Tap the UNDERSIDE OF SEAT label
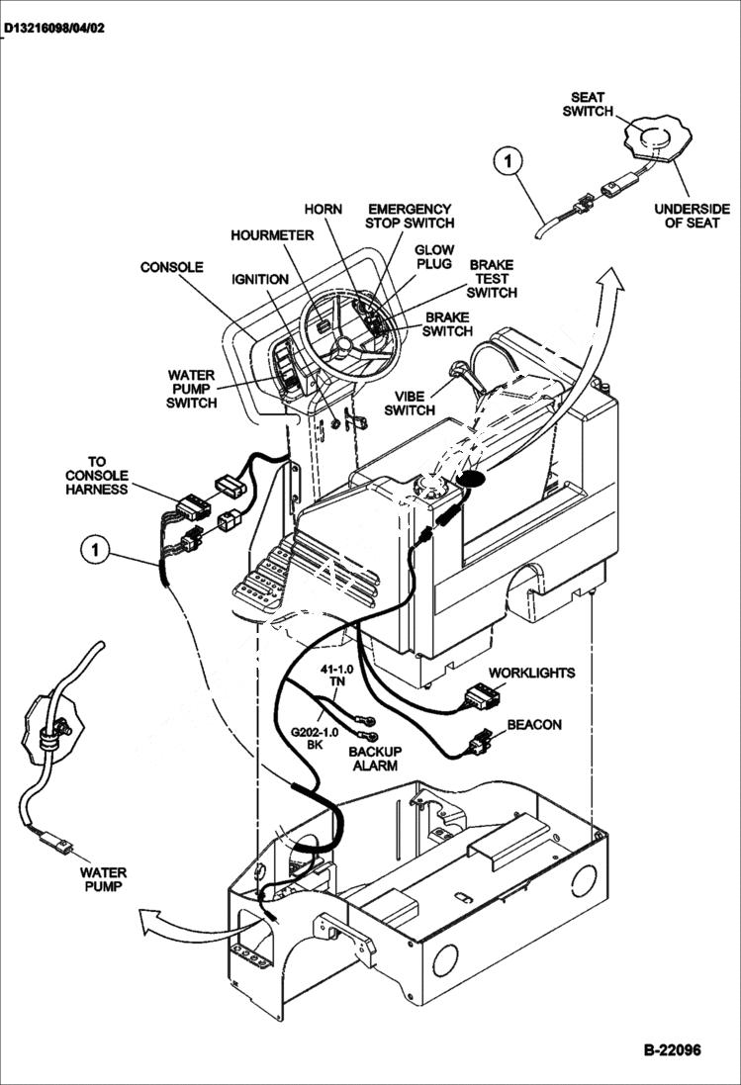(692, 216)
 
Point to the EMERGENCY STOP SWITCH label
(409, 216)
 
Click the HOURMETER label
(272, 235)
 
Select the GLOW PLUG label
(433, 257)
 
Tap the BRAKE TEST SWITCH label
(492, 279)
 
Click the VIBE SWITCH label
(410, 403)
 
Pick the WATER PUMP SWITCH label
(191, 389)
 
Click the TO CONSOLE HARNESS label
(96, 475)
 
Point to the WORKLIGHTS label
(531, 673)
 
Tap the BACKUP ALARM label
(374, 759)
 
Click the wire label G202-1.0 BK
(315, 738)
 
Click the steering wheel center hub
(343, 346)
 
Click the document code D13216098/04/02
(53, 29)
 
